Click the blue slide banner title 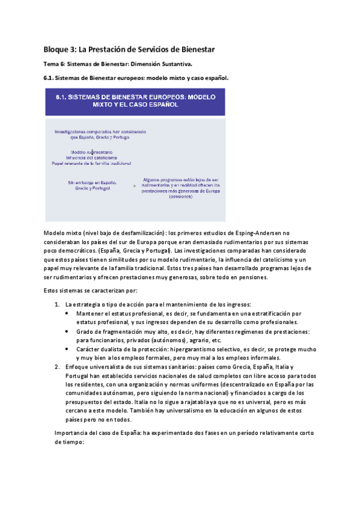135,100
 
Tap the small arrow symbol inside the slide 133,186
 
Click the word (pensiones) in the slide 180,197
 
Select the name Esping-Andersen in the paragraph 249,233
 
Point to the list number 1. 57,304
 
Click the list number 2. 57,366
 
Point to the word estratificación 257,313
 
